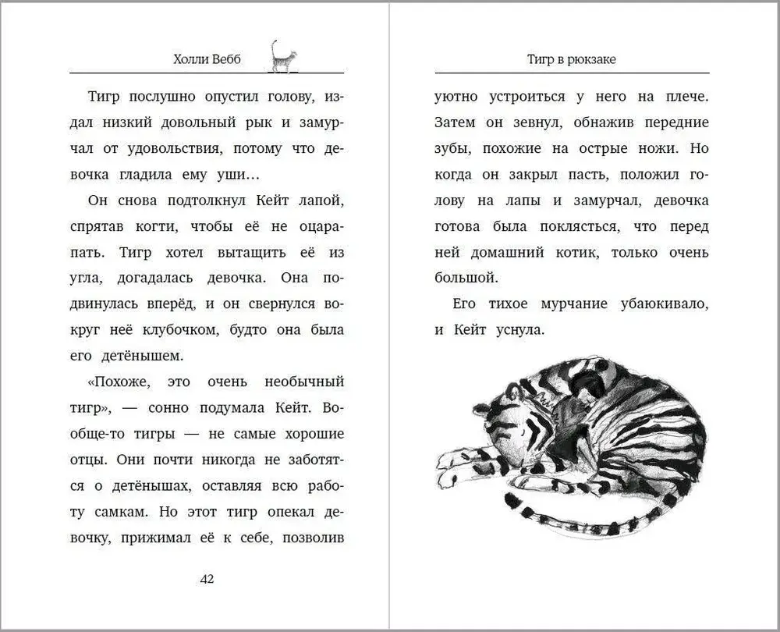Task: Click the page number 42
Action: (x=207, y=578)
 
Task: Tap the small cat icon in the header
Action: (x=283, y=57)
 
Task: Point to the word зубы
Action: (x=451, y=149)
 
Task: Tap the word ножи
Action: (x=658, y=149)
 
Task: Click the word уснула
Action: (x=516, y=330)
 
